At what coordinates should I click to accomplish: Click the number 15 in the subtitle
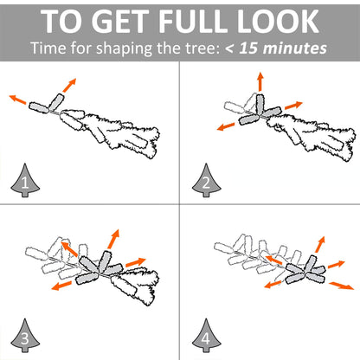pyautogui.click(x=248, y=48)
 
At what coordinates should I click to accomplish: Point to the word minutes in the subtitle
pyautogui.click(x=295, y=48)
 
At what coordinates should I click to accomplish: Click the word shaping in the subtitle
pyautogui.click(x=124, y=48)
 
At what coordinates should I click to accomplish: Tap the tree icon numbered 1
pyautogui.click(x=25, y=181)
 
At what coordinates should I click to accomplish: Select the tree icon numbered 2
pyautogui.click(x=207, y=181)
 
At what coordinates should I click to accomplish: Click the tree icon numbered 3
pyautogui.click(x=25, y=336)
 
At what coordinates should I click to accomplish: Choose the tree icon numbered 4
pyautogui.click(x=207, y=336)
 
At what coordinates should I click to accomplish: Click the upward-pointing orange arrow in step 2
pyautogui.click(x=260, y=81)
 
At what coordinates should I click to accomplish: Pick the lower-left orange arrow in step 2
pyautogui.click(x=226, y=126)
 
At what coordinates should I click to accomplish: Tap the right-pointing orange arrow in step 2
pyautogui.click(x=293, y=106)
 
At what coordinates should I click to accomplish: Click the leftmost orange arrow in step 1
pyautogui.click(x=18, y=99)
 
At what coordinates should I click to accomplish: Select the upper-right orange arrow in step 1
pyautogui.click(x=69, y=85)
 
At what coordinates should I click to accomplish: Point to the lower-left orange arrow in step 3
pyautogui.click(x=61, y=286)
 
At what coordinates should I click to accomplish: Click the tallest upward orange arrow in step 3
pyautogui.click(x=113, y=239)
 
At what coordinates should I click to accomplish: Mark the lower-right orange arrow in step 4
pyautogui.click(x=342, y=286)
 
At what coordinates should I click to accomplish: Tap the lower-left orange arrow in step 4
pyautogui.click(x=273, y=285)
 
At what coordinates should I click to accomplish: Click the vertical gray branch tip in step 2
pyautogui.click(x=260, y=103)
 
